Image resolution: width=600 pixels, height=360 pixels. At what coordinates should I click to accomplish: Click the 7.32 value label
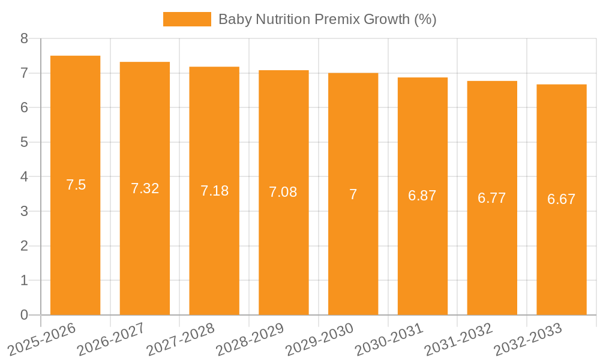click(145, 188)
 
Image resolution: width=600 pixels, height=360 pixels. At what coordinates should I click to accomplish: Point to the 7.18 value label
click(214, 191)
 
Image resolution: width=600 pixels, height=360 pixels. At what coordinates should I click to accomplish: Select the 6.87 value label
click(422, 196)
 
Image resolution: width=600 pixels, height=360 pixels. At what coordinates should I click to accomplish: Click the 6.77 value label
click(492, 198)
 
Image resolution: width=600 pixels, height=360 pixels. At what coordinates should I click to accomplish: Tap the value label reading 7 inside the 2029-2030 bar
click(353, 194)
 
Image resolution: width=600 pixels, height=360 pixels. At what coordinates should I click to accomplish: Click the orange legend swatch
click(187, 19)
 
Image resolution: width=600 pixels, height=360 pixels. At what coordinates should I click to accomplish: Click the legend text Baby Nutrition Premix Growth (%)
click(327, 19)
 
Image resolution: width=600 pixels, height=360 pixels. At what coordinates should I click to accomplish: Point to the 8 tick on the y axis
click(24, 38)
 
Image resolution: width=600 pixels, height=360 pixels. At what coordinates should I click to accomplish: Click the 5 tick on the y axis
click(24, 142)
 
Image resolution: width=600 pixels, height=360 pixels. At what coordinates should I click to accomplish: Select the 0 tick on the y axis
click(24, 315)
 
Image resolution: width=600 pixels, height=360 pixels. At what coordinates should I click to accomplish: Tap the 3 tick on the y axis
click(24, 211)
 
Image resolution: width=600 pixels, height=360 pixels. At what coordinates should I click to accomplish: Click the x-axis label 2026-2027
click(111, 338)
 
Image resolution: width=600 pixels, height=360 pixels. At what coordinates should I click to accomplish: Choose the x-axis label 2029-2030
click(319, 338)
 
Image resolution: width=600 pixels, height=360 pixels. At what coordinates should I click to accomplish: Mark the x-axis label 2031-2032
click(458, 338)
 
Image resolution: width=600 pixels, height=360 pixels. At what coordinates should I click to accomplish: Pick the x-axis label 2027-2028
click(181, 338)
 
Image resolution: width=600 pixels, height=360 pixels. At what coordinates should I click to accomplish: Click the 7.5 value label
click(76, 185)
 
